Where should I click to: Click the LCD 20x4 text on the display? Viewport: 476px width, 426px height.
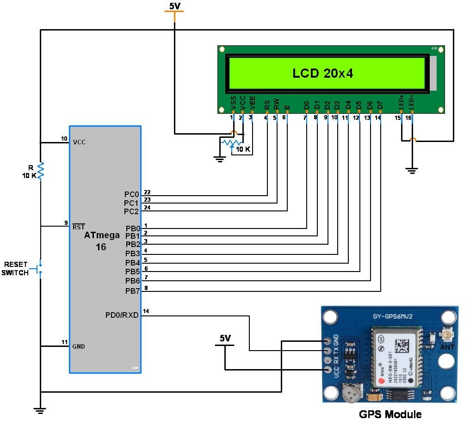322,73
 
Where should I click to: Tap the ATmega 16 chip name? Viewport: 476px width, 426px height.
101,241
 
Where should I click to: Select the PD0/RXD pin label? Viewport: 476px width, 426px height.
122,315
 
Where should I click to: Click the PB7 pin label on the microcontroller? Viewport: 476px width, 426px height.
132,291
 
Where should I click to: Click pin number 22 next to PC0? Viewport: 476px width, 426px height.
147,192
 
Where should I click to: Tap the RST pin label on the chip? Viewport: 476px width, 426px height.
78,227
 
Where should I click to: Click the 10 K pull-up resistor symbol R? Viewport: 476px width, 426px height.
41,170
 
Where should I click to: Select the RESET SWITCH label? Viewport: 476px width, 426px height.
16,268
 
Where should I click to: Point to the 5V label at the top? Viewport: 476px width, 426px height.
174,6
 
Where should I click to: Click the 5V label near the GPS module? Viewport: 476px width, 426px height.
225,339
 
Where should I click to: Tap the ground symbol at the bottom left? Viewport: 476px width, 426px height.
41,409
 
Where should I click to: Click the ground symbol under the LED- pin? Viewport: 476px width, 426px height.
411,171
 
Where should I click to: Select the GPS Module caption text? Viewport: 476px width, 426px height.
390,414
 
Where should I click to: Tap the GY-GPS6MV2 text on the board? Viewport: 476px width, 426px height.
392,317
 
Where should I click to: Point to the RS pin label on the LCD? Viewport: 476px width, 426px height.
267,105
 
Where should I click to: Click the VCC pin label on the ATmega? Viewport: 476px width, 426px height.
79,142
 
